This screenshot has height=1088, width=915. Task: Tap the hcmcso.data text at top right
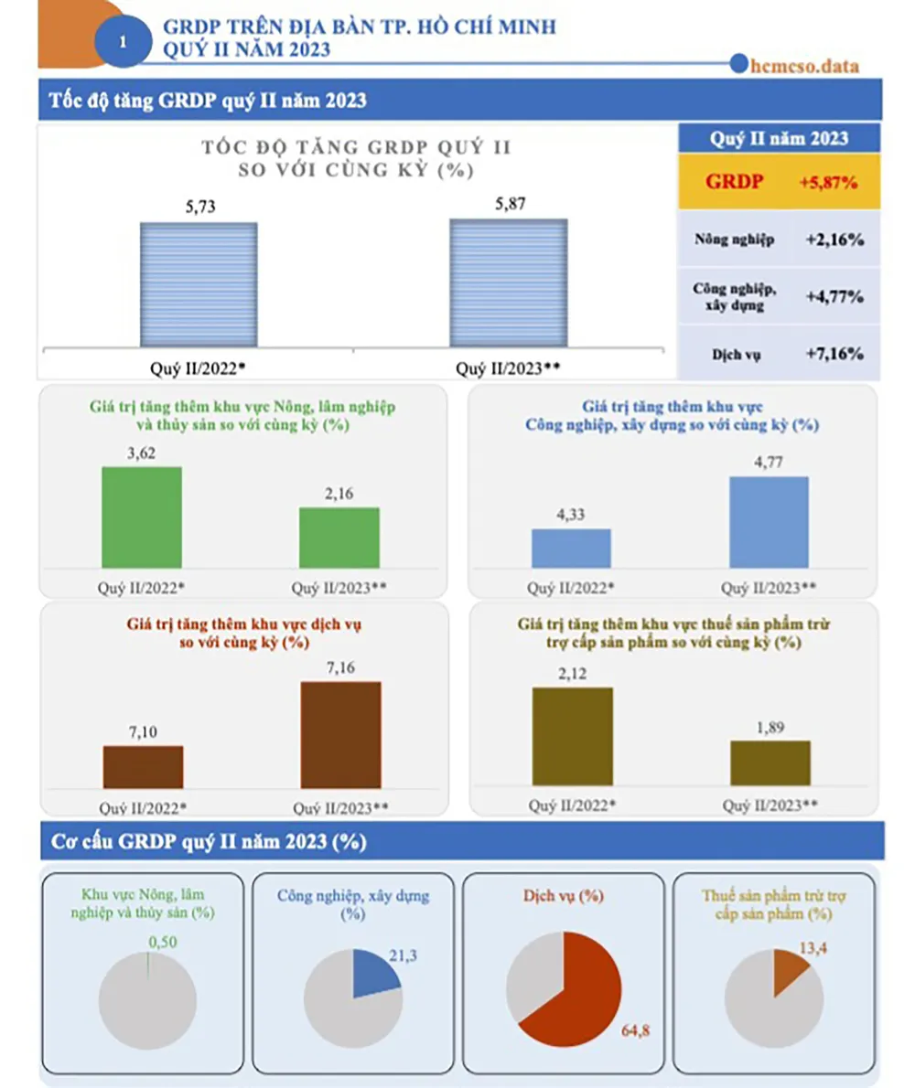(802, 65)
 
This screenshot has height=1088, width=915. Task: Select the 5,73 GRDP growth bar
(199, 283)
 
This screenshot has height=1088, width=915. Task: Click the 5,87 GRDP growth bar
(508, 283)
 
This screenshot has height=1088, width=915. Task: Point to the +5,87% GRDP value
(827, 183)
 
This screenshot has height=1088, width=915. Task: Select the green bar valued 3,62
(142, 517)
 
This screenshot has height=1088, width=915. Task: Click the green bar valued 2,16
(339, 538)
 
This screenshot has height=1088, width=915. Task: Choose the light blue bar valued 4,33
(571, 549)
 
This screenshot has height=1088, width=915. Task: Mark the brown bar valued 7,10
(143, 766)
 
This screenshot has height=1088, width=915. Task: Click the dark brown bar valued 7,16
(341, 734)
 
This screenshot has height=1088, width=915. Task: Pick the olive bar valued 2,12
(572, 736)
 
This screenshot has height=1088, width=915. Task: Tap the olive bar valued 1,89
(770, 763)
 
